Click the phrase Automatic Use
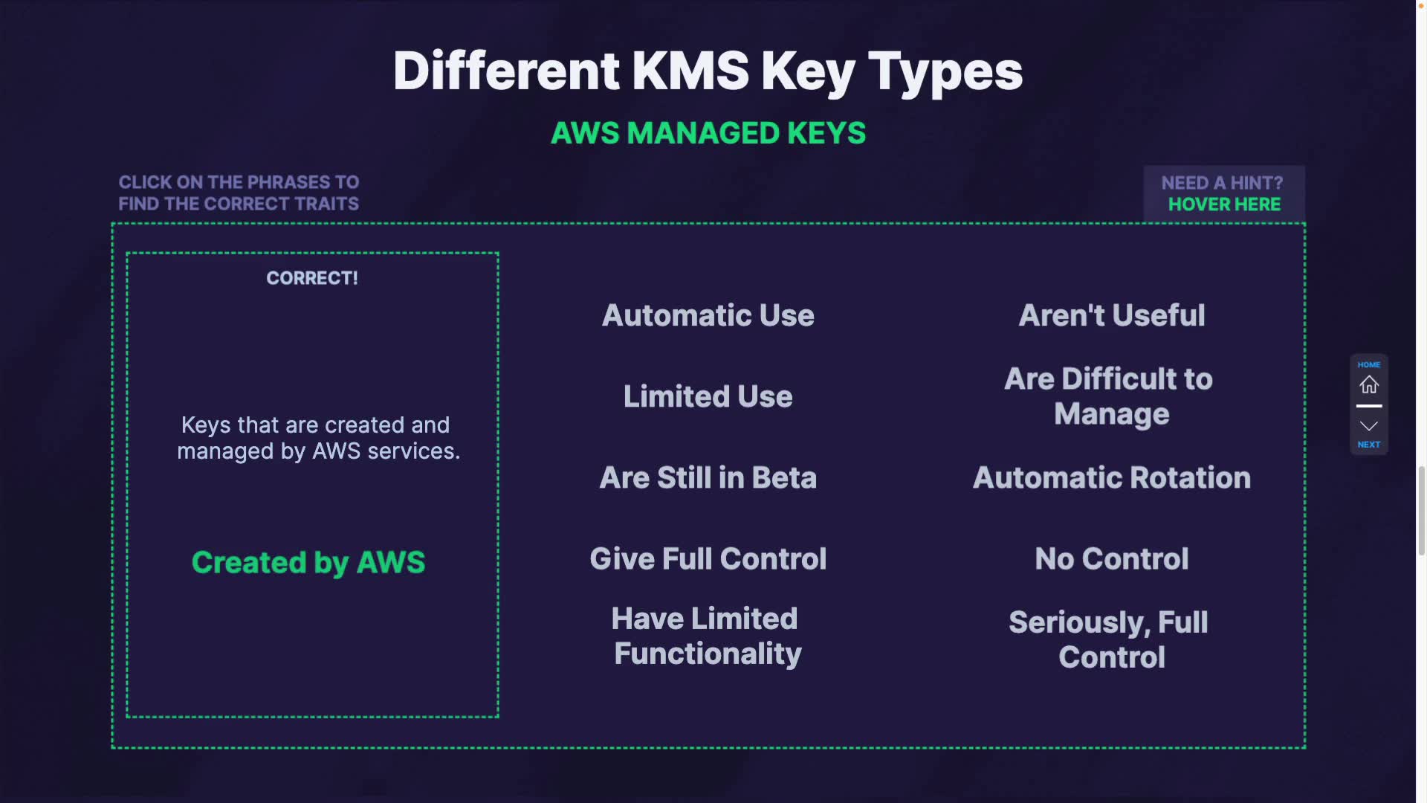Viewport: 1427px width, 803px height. point(708,315)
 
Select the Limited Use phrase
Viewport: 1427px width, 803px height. point(708,396)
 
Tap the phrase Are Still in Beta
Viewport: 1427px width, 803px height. point(708,477)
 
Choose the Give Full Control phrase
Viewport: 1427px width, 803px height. point(708,558)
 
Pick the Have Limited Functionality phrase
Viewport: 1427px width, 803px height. point(708,636)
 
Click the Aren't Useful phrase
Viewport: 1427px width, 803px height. point(1112,315)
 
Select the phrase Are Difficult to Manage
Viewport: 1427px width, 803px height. point(1110,396)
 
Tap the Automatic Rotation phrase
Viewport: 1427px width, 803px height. point(1112,477)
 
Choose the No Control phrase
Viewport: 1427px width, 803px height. point(1112,558)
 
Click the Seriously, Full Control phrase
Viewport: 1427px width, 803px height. point(1110,639)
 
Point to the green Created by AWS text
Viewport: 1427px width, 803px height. point(308,562)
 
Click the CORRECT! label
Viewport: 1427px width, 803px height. point(312,278)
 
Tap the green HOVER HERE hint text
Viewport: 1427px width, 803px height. point(1224,204)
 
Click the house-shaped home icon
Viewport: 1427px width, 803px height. point(1369,385)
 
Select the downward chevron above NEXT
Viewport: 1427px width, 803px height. point(1369,426)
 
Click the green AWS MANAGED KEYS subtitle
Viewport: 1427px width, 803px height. point(708,133)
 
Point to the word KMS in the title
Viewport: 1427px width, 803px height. point(690,71)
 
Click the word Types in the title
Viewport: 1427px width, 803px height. point(945,71)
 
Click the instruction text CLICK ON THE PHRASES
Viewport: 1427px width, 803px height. point(239,182)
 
